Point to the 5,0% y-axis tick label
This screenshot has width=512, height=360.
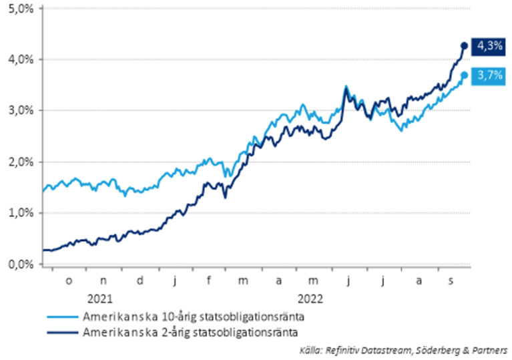(20, 8)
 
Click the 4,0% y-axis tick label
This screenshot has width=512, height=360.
(20, 59)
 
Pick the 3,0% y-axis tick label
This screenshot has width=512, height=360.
(20, 110)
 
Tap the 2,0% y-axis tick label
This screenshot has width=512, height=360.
(20, 162)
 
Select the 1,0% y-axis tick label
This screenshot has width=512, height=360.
(20, 213)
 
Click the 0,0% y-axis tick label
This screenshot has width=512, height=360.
(20, 264)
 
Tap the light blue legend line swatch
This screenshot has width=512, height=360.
(62, 316)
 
